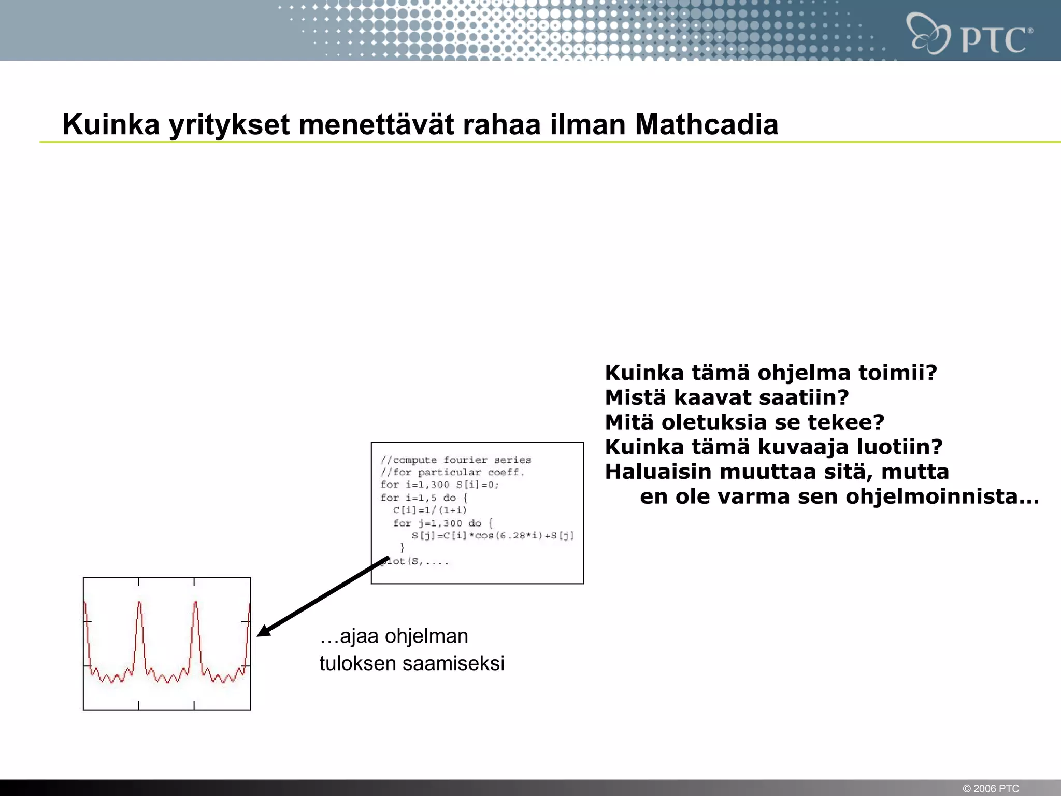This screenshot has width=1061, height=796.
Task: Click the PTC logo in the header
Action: pos(969,34)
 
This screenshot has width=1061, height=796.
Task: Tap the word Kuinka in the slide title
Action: pos(111,124)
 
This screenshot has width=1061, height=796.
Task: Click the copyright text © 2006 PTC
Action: pos(991,788)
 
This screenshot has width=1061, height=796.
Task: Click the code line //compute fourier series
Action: pos(456,460)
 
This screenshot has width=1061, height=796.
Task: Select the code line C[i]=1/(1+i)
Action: pos(429,510)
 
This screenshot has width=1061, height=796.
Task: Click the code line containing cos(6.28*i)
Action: pos(492,535)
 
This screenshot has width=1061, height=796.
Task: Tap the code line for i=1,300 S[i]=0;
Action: pos(439,485)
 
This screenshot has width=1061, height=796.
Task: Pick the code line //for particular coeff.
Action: pos(452,472)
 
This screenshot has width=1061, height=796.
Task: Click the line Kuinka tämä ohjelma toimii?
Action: pos(771,373)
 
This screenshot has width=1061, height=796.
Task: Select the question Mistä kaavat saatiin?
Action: pos(727,397)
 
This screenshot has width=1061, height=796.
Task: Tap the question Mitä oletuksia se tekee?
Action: pos(744,422)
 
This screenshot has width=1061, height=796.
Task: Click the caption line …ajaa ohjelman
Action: pos(394,636)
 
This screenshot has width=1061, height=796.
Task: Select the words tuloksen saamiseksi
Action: pos(411,663)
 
